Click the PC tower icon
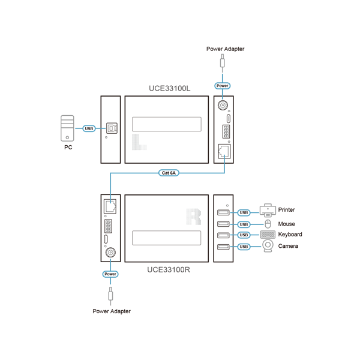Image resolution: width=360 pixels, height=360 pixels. (67, 128)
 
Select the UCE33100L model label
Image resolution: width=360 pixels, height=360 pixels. (170, 88)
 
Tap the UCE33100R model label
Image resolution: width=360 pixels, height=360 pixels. (169, 269)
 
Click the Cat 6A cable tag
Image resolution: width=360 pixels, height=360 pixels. (169, 173)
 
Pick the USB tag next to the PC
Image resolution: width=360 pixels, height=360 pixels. (89, 128)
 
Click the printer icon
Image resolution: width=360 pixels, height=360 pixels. (268, 211)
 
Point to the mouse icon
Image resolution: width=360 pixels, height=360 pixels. (268, 224)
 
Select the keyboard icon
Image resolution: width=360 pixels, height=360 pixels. (268, 235)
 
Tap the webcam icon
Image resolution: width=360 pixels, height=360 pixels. (268, 246)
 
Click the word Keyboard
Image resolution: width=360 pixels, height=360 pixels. (290, 235)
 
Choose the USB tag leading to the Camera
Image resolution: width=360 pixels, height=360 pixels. (244, 247)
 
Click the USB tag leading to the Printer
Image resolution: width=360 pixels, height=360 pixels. (244, 212)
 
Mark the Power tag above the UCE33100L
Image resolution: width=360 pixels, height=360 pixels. (222, 86)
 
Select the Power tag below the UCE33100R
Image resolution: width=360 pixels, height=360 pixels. (110, 274)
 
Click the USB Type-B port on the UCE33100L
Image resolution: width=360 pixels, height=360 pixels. (112, 128)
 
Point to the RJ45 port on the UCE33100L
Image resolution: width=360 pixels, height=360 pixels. (224, 151)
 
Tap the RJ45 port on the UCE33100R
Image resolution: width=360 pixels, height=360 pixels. (110, 206)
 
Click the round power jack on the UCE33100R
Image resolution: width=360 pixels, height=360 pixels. (110, 253)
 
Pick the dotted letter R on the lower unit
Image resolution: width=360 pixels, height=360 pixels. (194, 217)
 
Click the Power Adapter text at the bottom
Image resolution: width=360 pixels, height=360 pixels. (112, 311)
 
